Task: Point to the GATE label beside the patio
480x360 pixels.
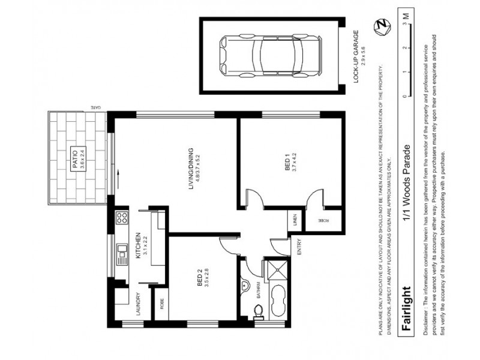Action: (97, 107)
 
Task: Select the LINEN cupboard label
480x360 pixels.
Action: (295, 220)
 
